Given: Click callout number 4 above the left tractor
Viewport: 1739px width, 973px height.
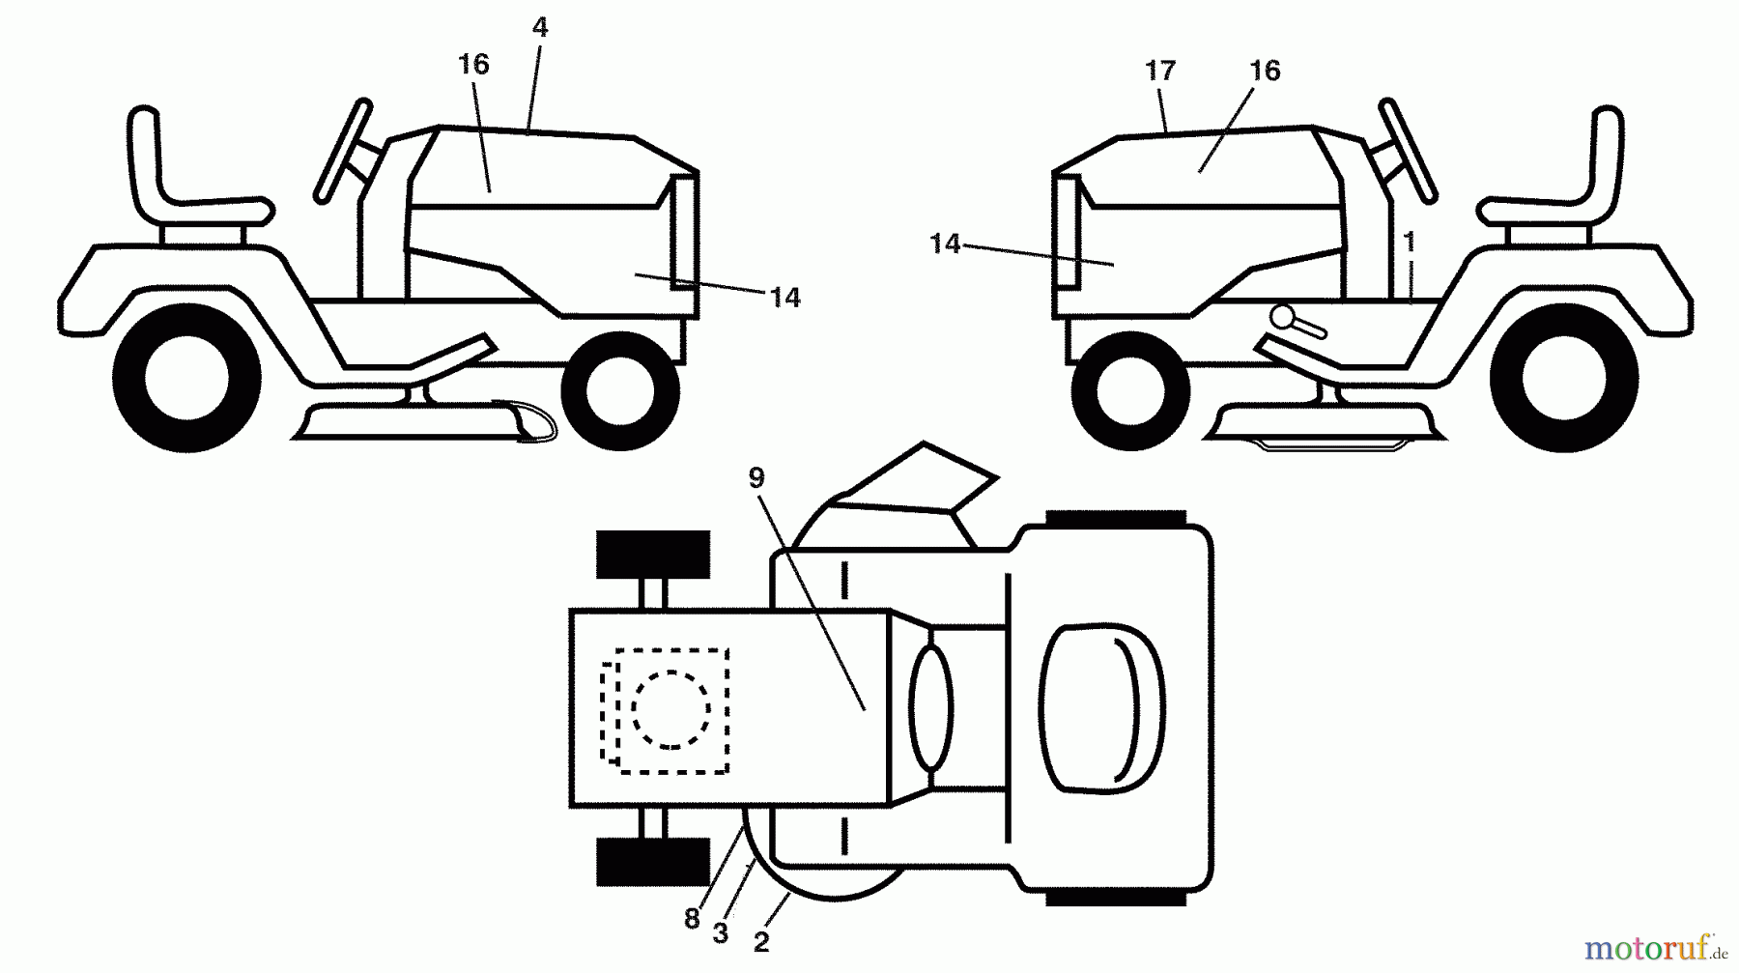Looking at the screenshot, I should pyautogui.click(x=540, y=28).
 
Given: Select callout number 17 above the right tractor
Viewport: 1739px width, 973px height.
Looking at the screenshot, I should pyautogui.click(x=1160, y=71).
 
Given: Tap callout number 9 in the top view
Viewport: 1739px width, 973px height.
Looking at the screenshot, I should pyautogui.click(x=756, y=477).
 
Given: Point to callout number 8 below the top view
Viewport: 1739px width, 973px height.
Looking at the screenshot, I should pyautogui.click(x=692, y=919).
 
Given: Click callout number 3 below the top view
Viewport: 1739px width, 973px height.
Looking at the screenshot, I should pyautogui.click(x=720, y=933).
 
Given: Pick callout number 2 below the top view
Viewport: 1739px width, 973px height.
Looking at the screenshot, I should pyautogui.click(x=761, y=942).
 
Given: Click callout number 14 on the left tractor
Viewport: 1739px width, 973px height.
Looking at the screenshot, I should pyautogui.click(x=785, y=298).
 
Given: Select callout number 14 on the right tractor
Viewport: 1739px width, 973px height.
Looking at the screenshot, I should pyautogui.click(x=945, y=244).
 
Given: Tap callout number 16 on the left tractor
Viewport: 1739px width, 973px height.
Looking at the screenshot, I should pyautogui.click(x=473, y=65).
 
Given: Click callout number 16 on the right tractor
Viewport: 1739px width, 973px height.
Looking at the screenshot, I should pyautogui.click(x=1265, y=71).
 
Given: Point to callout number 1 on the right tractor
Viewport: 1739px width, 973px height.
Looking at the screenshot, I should pyautogui.click(x=1410, y=242).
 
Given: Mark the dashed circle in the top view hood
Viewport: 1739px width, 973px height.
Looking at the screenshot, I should pyautogui.click(x=671, y=709).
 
